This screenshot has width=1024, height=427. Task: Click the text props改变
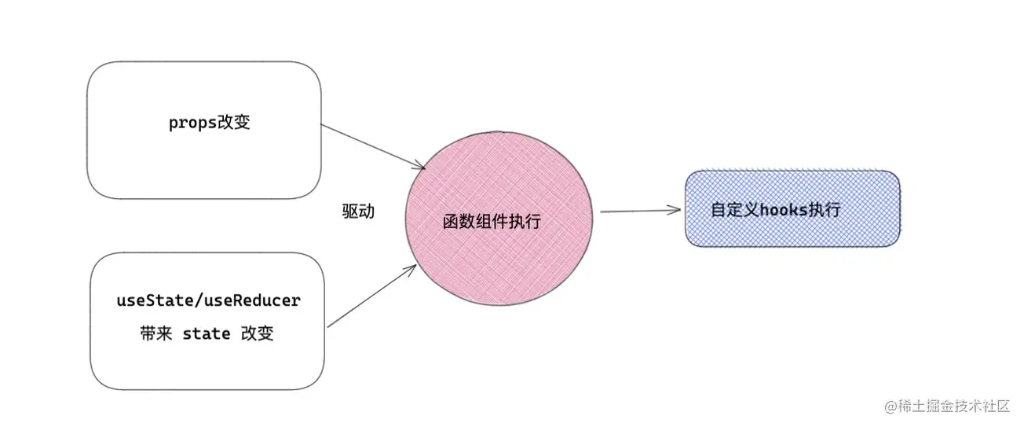tap(210, 123)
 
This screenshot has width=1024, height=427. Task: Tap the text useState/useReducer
tap(208, 300)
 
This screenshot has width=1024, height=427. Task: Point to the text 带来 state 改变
tap(206, 333)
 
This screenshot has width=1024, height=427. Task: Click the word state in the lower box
tap(207, 333)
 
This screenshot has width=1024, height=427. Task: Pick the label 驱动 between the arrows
tap(358, 212)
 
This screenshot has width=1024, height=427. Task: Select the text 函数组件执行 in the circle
tap(492, 222)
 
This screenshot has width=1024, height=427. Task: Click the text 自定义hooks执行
tap(775, 210)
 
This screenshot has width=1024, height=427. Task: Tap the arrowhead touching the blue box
tap(675, 209)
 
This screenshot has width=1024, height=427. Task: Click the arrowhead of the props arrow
tap(420, 166)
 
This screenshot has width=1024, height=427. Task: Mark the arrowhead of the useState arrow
tap(411, 268)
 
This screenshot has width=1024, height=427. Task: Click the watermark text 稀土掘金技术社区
tap(953, 406)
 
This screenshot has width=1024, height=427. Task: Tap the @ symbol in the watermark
tap(891, 406)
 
